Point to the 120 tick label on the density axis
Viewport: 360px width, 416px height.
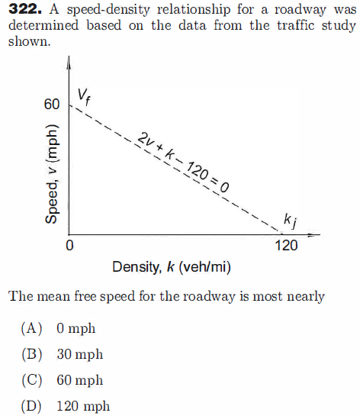[286, 247]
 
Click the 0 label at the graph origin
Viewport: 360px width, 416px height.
[69, 247]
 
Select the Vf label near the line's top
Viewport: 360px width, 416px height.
[84, 95]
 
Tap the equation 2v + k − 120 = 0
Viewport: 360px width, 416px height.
[184, 163]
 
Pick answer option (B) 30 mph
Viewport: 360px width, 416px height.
[66, 355]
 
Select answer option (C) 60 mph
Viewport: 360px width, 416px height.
[66, 380]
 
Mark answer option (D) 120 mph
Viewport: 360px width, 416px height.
[69, 406]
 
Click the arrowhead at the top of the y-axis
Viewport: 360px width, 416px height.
[69, 62]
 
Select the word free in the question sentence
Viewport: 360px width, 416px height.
[99, 296]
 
